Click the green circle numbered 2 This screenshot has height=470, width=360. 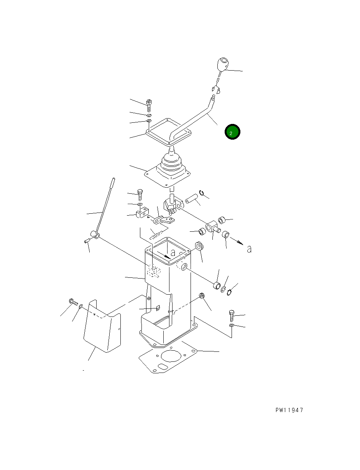click(x=232, y=132)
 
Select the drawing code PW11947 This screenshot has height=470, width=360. click(x=289, y=410)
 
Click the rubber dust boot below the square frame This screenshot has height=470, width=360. click(x=167, y=170)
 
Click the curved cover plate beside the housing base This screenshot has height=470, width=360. click(x=102, y=326)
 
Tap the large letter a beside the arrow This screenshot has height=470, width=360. click(x=249, y=249)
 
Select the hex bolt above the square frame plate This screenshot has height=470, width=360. click(x=149, y=106)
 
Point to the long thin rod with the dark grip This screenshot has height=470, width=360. click(x=105, y=208)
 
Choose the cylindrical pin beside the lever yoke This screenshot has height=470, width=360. click(x=191, y=199)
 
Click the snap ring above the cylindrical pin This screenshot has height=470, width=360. click(x=202, y=193)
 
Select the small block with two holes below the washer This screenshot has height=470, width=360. click(x=142, y=212)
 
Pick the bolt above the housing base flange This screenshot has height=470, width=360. click(x=232, y=315)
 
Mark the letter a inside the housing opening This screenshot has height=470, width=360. click(x=173, y=252)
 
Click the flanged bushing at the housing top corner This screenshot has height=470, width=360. click(x=200, y=246)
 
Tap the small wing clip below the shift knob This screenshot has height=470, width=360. click(x=216, y=89)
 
